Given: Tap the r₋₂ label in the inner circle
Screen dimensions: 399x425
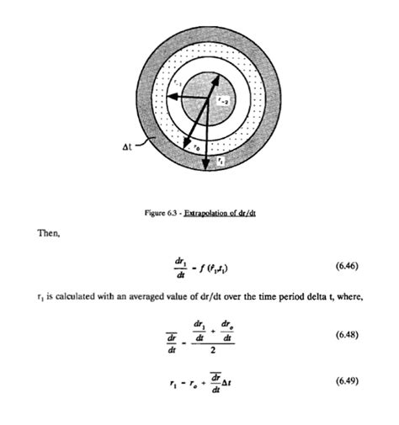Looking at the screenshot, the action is click(218, 100).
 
